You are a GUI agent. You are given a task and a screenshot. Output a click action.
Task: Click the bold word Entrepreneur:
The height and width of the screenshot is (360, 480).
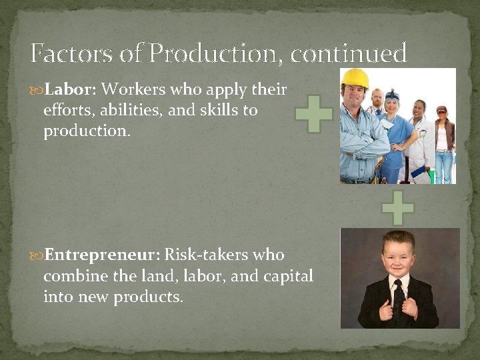102,255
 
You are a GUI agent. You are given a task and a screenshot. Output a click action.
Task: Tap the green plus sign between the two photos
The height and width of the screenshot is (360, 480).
398,207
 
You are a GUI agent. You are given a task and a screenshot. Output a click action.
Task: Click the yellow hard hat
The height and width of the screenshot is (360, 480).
355,78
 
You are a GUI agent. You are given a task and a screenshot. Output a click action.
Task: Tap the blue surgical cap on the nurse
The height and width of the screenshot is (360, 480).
392,95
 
